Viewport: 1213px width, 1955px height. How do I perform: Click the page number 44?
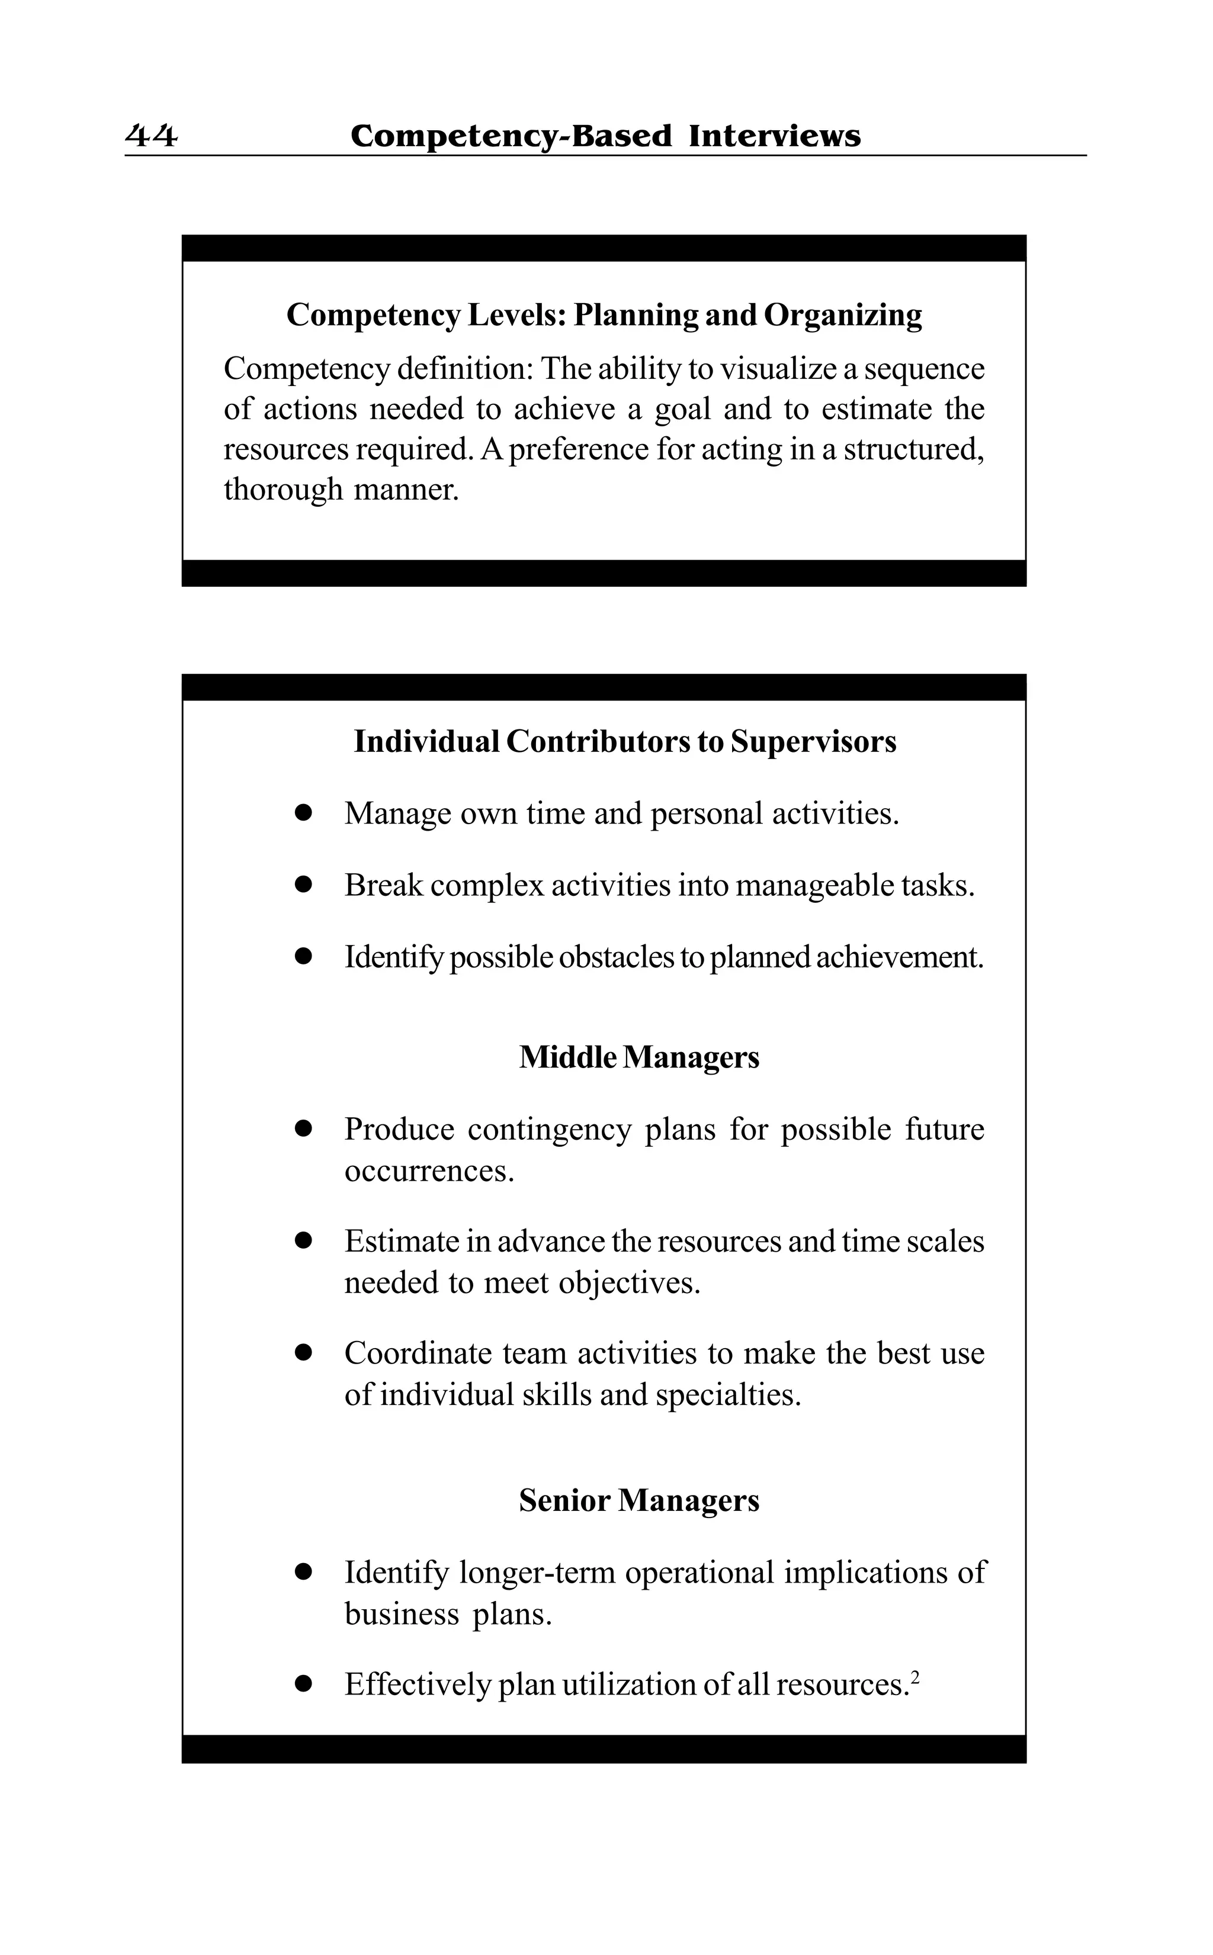pos(151,136)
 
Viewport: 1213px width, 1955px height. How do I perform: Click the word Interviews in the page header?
pos(774,136)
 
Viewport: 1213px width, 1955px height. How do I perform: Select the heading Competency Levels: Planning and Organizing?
pos(604,314)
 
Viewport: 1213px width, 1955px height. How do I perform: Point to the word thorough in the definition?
pos(283,489)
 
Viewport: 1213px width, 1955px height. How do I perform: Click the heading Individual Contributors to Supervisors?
pos(625,741)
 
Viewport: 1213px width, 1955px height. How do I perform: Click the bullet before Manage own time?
pos(303,813)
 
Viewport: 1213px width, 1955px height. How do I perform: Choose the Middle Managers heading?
pos(638,1057)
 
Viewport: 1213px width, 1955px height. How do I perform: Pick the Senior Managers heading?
pos(638,1500)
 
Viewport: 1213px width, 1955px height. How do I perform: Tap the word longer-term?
pos(537,1573)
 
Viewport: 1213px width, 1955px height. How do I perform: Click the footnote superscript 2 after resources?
pos(914,1677)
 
